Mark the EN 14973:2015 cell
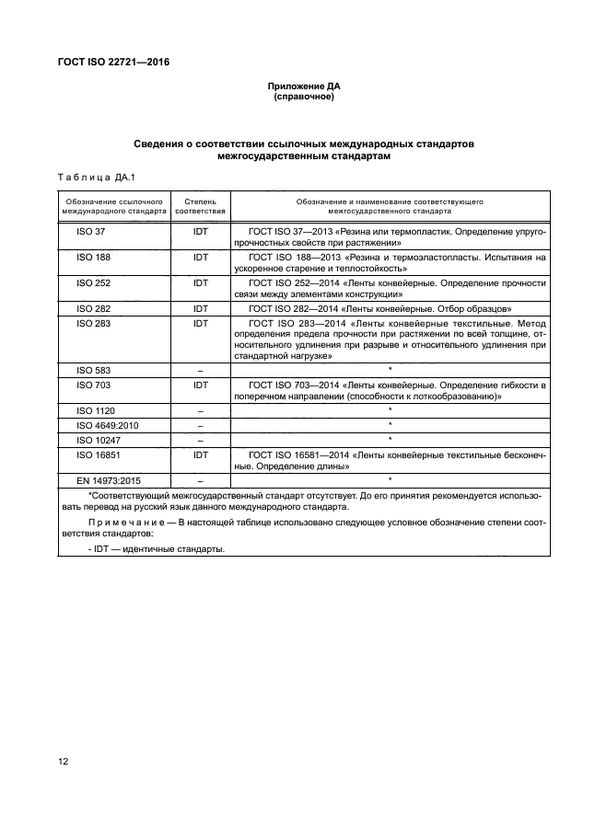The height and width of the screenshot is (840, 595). tap(107, 479)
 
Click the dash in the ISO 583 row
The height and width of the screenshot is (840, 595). tap(201, 369)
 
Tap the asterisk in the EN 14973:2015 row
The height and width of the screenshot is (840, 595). tap(391, 480)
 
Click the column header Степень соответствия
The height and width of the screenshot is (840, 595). tap(201, 204)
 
